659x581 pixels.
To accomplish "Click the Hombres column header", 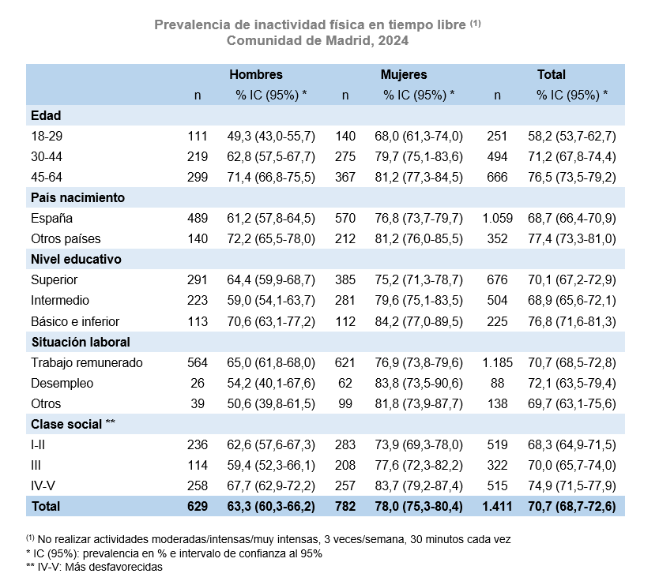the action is pyautogui.click(x=256, y=75).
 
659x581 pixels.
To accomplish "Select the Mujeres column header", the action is pyautogui.click(x=404, y=75).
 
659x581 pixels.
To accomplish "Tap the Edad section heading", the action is pyautogui.click(x=46, y=115).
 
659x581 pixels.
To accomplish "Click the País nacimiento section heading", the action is pyautogui.click(x=77, y=197).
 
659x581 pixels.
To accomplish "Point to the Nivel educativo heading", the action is pyautogui.click(x=76, y=260).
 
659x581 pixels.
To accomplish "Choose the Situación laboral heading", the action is pyautogui.click(x=81, y=342).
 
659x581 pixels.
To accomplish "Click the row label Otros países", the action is pyautogui.click(x=66, y=239).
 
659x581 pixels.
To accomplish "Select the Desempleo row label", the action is pyautogui.click(x=62, y=384).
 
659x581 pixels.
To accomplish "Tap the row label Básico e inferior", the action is pyautogui.click(x=75, y=321).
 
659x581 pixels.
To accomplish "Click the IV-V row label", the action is pyautogui.click(x=43, y=485).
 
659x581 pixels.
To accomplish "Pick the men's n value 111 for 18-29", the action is pyautogui.click(x=198, y=136).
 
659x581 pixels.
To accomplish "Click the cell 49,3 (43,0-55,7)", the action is pyautogui.click(x=271, y=136).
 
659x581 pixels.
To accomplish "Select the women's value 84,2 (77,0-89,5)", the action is pyautogui.click(x=419, y=321).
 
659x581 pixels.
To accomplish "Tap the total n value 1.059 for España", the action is pyautogui.click(x=497, y=219).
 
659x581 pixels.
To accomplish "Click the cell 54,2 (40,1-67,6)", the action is pyautogui.click(x=271, y=384).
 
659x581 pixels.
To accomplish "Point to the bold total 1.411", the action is pyautogui.click(x=497, y=506).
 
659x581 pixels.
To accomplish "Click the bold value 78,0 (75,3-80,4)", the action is pyautogui.click(x=419, y=506).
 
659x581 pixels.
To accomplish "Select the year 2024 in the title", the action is pyautogui.click(x=394, y=41).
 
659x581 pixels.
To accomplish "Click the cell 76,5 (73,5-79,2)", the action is pyautogui.click(x=572, y=177).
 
